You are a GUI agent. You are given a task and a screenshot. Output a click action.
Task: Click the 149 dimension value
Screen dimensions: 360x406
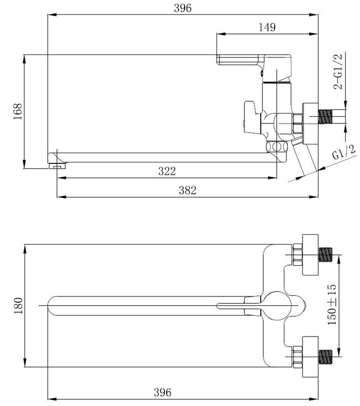click(x=267, y=27)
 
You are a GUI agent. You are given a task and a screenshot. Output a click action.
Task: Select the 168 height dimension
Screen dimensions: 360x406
click(x=18, y=112)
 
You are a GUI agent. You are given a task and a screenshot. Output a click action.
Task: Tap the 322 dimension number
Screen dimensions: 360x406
click(x=167, y=171)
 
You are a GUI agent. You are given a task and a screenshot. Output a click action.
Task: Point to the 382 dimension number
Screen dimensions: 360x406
click(x=188, y=190)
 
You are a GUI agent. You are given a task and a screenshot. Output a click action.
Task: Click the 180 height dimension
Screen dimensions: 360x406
click(x=18, y=306)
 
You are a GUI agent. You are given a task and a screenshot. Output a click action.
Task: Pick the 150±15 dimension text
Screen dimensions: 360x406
click(x=332, y=304)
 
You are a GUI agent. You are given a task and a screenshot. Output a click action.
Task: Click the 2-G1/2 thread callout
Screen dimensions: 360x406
click(x=338, y=71)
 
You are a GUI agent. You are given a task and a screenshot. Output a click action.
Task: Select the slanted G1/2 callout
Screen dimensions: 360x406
click(x=344, y=152)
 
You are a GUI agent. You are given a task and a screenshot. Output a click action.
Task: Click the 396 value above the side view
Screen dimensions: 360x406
click(x=183, y=8)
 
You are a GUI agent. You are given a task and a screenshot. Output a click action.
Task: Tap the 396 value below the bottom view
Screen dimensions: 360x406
click(x=163, y=392)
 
